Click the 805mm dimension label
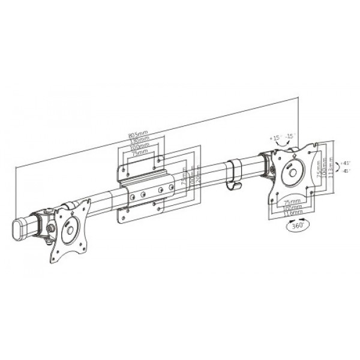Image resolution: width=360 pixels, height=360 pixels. (x=138, y=134)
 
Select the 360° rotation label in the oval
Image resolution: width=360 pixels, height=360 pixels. (x=295, y=227)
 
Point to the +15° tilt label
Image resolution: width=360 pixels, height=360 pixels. (x=275, y=138)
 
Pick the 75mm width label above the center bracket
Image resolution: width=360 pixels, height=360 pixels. (x=140, y=153)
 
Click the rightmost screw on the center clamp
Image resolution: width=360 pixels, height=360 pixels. (x=172, y=188)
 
